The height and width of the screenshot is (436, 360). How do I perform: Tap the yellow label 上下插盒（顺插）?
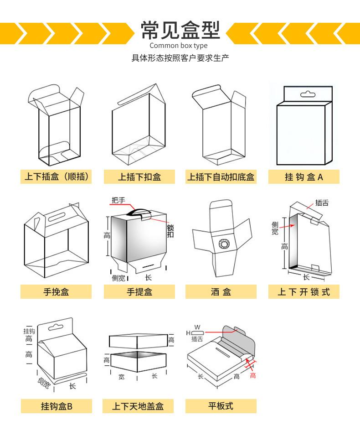pos(56,176)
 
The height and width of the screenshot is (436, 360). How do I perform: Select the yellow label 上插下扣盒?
pos(139,177)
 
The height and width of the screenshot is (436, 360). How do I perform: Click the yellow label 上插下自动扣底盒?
pos(221,177)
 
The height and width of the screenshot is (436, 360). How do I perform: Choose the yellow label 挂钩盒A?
pos(303,177)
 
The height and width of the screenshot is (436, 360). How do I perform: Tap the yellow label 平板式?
pos(221,405)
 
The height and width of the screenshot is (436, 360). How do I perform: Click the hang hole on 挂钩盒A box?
pos(308,94)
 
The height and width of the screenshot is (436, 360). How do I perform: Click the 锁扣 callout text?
pos(170,231)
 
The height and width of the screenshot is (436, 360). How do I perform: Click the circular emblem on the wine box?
pos(225,244)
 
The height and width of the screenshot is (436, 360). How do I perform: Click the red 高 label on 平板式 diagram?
pos(252,375)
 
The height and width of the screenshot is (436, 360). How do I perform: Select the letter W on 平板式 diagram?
pos(197,327)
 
